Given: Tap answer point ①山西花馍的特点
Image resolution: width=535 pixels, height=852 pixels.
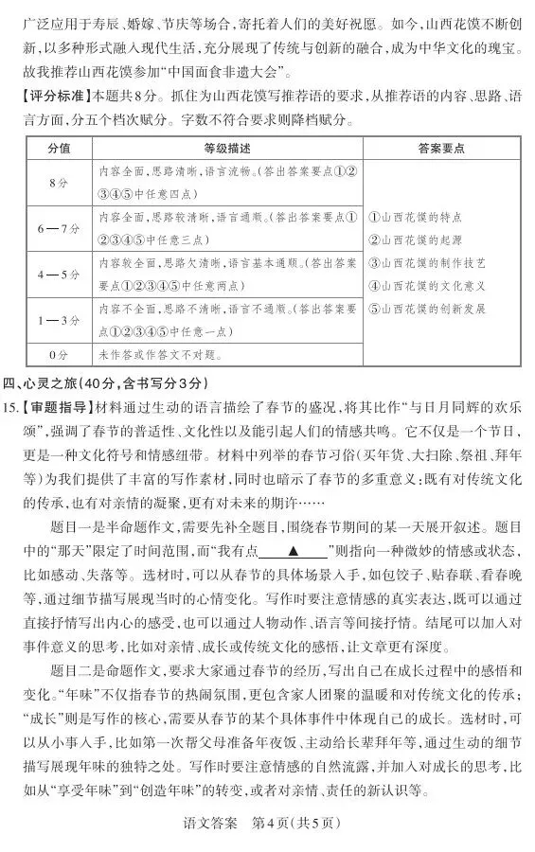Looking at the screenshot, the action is tap(416, 216).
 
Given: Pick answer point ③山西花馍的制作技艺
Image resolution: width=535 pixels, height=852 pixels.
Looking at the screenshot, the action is tap(426, 262).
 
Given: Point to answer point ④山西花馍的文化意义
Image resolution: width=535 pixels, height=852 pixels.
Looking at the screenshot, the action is tap(426, 285).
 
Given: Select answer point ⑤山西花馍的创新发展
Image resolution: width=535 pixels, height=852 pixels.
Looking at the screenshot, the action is tap(426, 308).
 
